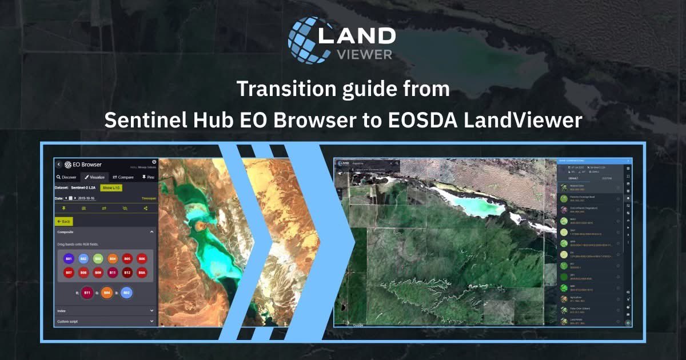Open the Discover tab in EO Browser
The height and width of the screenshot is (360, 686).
[x=66, y=177]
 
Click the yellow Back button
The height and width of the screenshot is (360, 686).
[x=63, y=221]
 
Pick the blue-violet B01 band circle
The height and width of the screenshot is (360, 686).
[x=68, y=259]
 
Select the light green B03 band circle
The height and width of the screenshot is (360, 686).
[x=98, y=259]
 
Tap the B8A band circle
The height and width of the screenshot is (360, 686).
[x=142, y=273]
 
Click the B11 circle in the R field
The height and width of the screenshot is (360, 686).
[x=87, y=293]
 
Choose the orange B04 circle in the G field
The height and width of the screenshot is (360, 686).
[x=106, y=293]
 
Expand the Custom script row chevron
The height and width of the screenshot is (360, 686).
[x=151, y=322]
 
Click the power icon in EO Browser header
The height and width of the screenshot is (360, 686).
[x=154, y=162]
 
